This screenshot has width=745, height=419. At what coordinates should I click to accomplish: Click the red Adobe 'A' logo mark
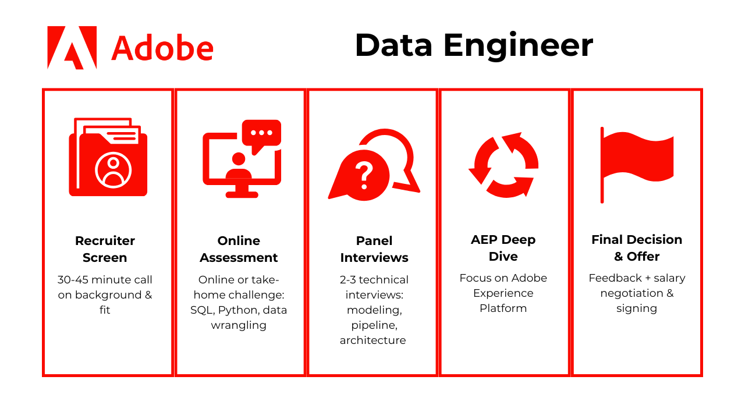point(72,48)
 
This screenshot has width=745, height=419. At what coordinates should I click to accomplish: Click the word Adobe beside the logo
point(162,48)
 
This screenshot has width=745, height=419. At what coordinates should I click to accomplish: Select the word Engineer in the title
point(518,46)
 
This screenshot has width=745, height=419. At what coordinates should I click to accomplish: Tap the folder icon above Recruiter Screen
point(108,157)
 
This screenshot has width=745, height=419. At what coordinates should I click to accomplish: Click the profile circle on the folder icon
point(113,170)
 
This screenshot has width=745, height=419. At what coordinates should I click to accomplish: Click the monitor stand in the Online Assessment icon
point(242,192)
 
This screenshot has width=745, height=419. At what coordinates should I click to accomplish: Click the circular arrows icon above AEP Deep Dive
point(503,165)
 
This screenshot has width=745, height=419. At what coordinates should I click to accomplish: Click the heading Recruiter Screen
point(105,249)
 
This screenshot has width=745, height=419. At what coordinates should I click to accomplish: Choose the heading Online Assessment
point(239,249)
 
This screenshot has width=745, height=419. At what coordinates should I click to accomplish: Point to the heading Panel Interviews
point(374,249)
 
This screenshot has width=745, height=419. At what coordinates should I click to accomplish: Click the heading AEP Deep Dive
point(503,248)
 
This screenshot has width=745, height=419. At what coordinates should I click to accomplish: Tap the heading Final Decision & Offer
point(637,248)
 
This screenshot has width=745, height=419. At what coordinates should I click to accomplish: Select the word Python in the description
point(239,311)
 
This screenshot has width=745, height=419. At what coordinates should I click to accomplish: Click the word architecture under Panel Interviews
point(373,340)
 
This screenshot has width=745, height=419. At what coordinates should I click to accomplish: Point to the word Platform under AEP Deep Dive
point(503,308)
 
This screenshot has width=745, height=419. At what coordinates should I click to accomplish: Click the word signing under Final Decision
point(637,309)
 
